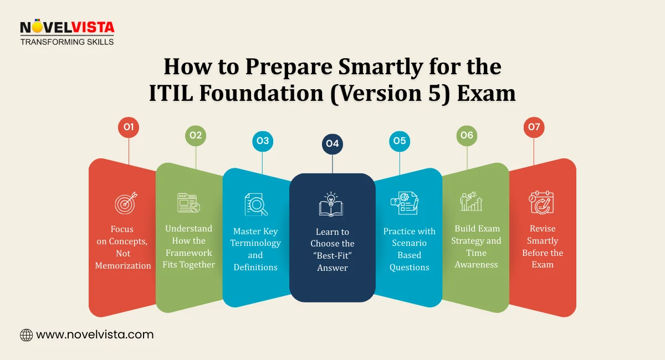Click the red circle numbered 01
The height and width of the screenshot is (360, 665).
[129, 128]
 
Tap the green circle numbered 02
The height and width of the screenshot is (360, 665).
[196, 135]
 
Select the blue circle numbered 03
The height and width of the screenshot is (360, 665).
[263, 141]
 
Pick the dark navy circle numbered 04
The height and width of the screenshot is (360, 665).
[332, 144]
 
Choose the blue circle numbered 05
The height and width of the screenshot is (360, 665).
[400, 141]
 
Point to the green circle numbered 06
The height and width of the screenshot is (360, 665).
[467, 135]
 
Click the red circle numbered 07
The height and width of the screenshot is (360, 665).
[534, 128]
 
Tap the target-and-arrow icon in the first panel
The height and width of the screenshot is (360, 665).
[126, 203]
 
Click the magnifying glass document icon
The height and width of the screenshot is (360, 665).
[256, 204]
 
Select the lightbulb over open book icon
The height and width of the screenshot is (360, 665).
[331, 205]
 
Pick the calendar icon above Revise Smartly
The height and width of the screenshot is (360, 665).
[541, 203]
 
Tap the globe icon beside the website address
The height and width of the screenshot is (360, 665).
[26, 335]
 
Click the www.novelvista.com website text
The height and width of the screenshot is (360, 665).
[95, 335]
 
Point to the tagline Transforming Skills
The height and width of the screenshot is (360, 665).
[67, 42]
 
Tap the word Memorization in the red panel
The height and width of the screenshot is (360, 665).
[123, 265]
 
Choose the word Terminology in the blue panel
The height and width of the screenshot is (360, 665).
[255, 243]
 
